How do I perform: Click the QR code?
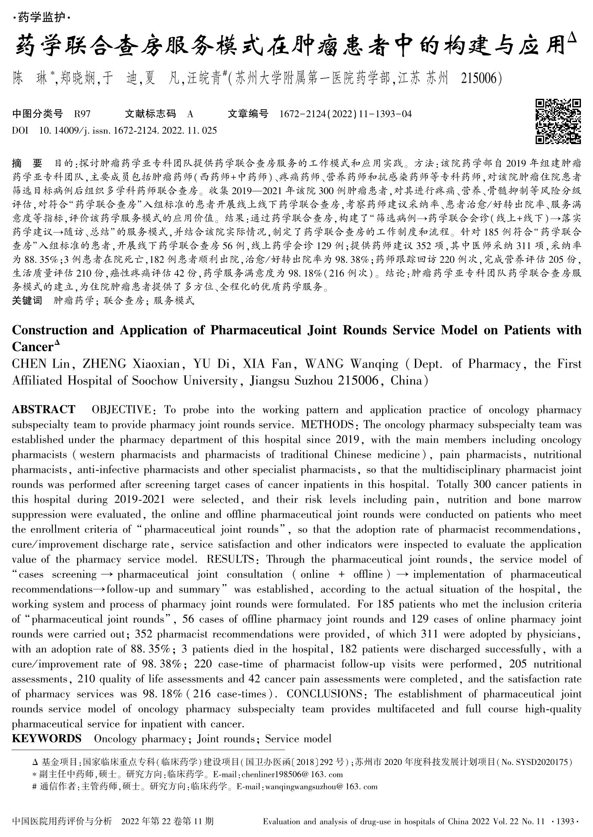[558, 121]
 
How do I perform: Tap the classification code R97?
[82, 114]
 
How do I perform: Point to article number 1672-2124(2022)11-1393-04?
[345, 114]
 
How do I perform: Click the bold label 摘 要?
[27, 164]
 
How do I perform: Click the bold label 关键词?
[27, 301]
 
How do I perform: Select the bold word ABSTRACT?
[44, 409]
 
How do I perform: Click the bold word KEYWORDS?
[47, 738]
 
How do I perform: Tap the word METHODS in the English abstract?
[328, 425]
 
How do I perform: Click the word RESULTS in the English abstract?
[231, 559]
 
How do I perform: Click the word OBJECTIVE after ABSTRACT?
[122, 409]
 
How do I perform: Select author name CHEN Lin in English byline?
[41, 364]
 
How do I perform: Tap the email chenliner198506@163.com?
[292, 774]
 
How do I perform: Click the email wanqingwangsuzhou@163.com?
[321, 786]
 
